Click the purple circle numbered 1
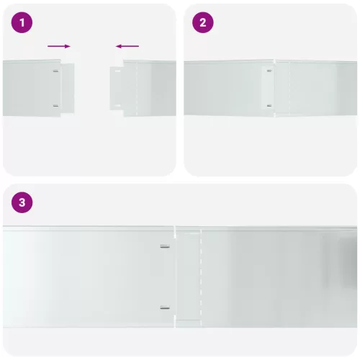pyautogui.click(x=22, y=22)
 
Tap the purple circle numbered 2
pyautogui.click(x=202, y=22)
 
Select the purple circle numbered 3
pyautogui.click(x=22, y=202)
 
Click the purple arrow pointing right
pyautogui.click(x=59, y=46)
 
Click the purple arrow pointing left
pyautogui.click(x=127, y=46)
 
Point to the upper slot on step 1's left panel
pyautogui.click(x=56, y=71)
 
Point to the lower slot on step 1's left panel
pyautogui.click(x=56, y=105)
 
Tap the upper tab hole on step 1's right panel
pyautogui.click(x=116, y=71)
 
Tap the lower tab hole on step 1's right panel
pyautogui.click(x=116, y=105)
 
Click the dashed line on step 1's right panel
pyautogui.click(x=136, y=90)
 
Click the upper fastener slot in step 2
pyautogui.click(x=269, y=71)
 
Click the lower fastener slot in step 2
pyautogui.click(x=269, y=105)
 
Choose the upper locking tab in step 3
pyautogui.click(x=165, y=246)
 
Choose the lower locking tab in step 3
pyautogui.click(x=165, y=308)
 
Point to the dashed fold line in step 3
pyautogui.click(x=201, y=277)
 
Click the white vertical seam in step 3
pyautogui.click(x=176, y=277)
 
